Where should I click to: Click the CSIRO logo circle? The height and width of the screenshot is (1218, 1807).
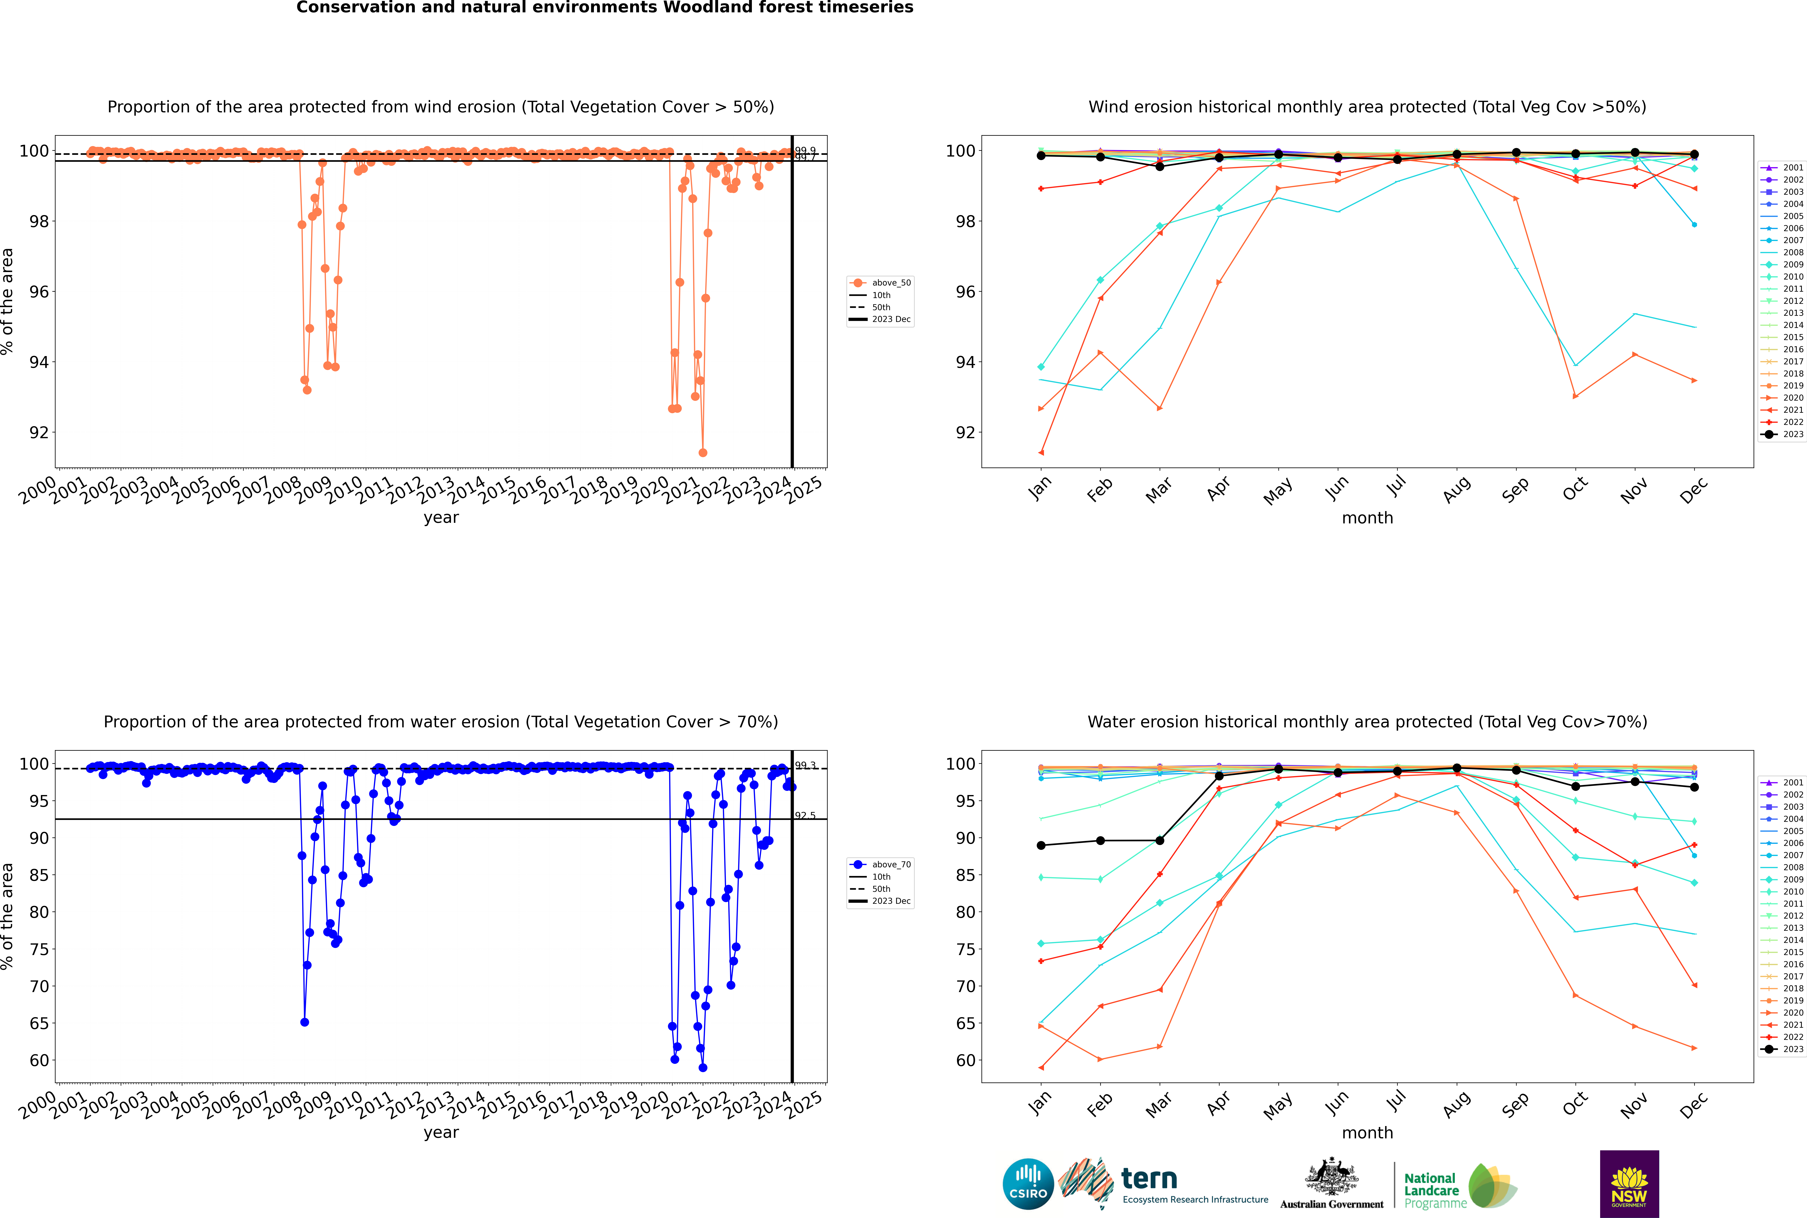click(1028, 1184)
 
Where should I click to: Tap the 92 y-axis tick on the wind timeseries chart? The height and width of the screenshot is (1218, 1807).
click(39, 433)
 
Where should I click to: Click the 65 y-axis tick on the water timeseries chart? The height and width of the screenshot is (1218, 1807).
click(39, 1024)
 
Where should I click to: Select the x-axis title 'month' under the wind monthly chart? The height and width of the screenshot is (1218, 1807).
click(1367, 518)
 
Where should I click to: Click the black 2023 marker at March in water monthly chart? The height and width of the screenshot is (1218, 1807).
click(1160, 841)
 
